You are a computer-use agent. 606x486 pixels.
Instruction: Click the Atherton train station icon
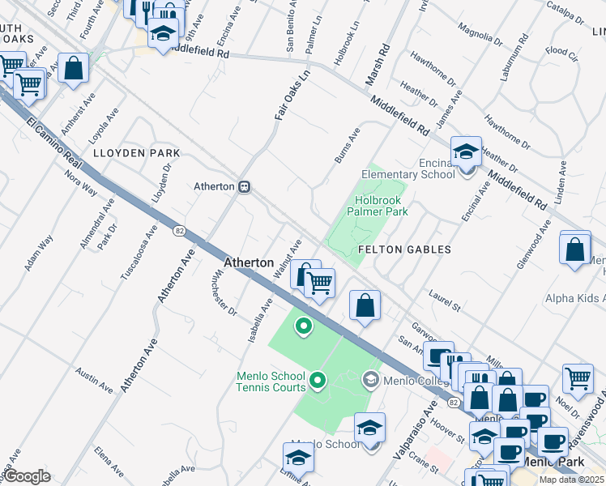point(243,186)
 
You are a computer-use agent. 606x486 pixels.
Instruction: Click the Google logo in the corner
point(27,476)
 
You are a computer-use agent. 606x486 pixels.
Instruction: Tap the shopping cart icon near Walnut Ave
point(320,283)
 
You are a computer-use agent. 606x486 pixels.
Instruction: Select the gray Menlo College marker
point(371,378)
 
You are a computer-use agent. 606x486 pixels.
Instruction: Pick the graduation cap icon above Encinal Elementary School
point(467,151)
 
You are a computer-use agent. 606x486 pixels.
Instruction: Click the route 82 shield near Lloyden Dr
point(178,231)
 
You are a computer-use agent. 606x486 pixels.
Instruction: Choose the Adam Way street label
point(39,252)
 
